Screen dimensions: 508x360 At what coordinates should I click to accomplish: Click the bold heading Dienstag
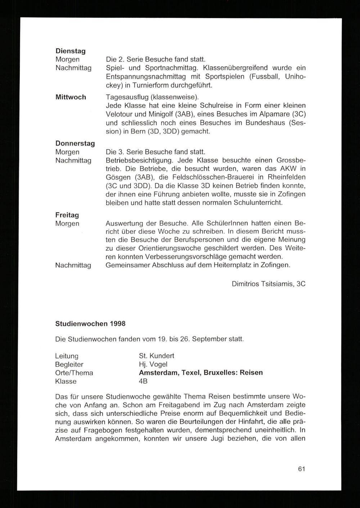[x=70, y=51]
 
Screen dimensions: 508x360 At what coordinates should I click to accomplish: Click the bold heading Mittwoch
[x=71, y=97]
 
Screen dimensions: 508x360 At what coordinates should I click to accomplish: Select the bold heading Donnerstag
[x=75, y=143]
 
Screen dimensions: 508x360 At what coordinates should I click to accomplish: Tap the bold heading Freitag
[x=67, y=215]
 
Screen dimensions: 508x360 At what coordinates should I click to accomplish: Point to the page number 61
[x=302, y=469]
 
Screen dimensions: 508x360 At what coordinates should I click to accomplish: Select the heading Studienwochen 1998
[x=90, y=324]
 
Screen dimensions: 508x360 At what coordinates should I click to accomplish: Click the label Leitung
[x=67, y=356]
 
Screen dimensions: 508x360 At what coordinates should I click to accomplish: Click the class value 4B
[x=143, y=381]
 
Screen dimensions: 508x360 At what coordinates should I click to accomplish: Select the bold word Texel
[x=191, y=373]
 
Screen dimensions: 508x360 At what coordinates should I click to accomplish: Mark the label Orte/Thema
[x=74, y=373]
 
